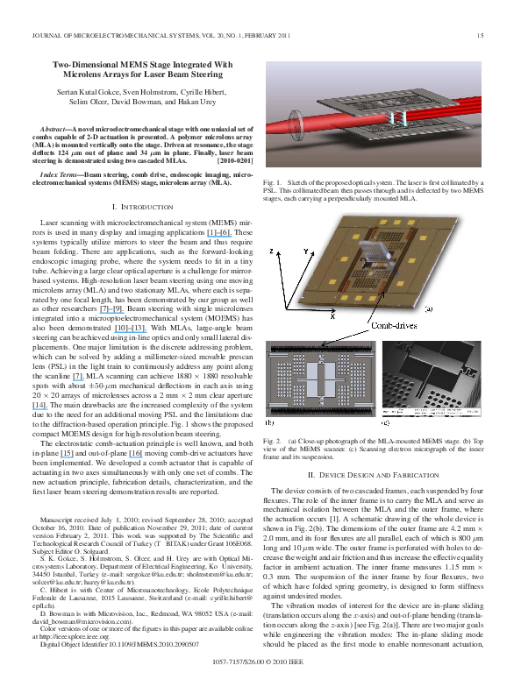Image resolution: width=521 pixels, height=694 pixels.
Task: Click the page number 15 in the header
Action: [480, 35]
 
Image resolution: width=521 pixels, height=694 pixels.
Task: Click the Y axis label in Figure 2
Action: [305, 251]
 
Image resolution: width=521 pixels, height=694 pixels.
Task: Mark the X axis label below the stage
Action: [308, 317]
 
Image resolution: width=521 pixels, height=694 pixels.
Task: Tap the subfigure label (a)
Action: [429, 308]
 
